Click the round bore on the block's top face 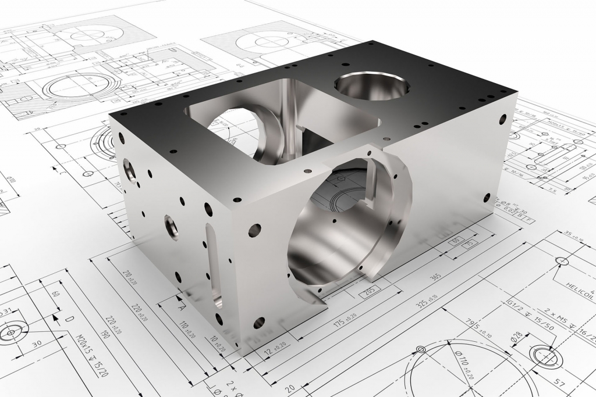[371, 86]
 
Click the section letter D [69, 319]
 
